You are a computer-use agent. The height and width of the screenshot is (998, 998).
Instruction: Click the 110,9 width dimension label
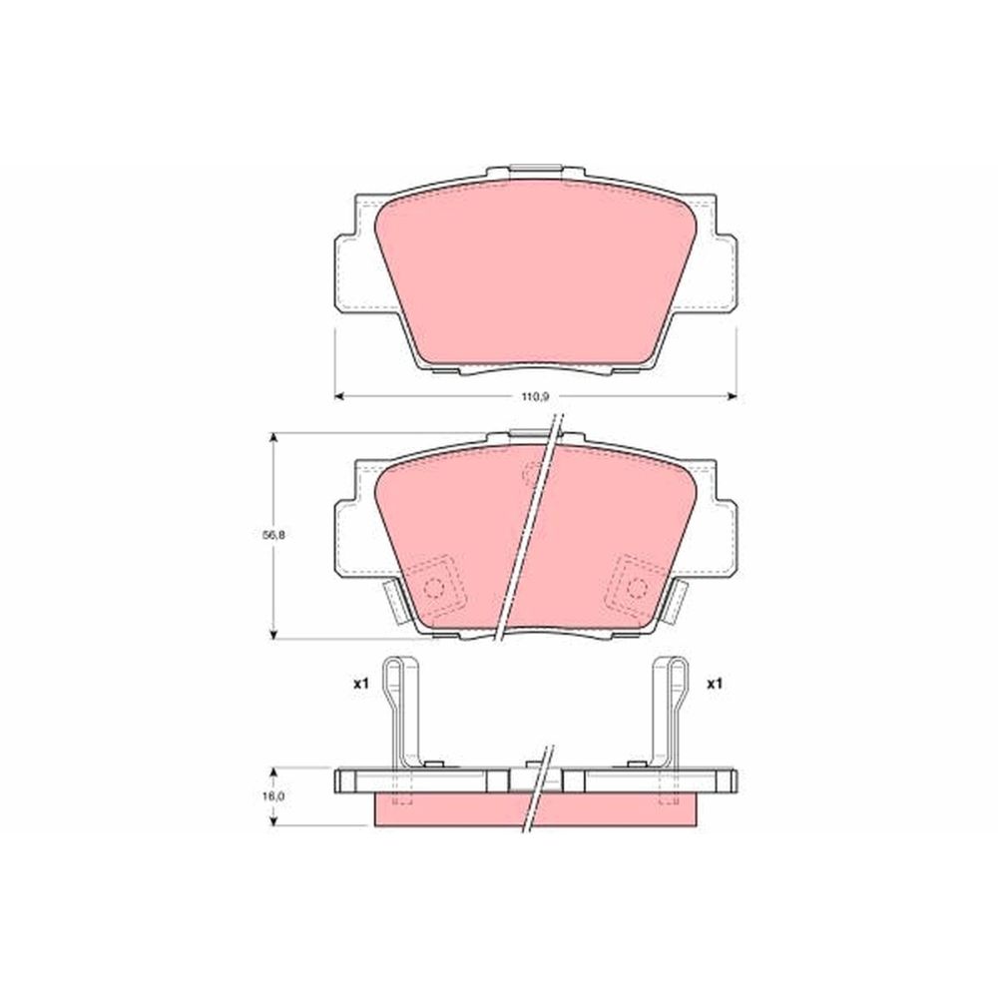535,396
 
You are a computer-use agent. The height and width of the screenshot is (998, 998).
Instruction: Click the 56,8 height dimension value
273,535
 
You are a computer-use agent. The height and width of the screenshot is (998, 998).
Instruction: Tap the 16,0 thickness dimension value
273,795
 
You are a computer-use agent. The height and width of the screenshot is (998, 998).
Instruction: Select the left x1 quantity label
361,685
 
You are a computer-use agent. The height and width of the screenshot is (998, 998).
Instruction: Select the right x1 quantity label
715,685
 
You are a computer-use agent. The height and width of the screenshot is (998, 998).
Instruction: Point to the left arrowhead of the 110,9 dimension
339,396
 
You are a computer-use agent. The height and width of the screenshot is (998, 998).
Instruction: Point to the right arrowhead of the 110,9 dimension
732,396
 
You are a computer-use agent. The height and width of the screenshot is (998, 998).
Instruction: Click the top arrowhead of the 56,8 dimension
273,438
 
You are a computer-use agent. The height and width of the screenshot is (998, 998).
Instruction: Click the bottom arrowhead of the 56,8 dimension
273,634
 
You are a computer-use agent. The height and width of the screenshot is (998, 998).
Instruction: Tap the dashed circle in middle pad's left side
435,588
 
